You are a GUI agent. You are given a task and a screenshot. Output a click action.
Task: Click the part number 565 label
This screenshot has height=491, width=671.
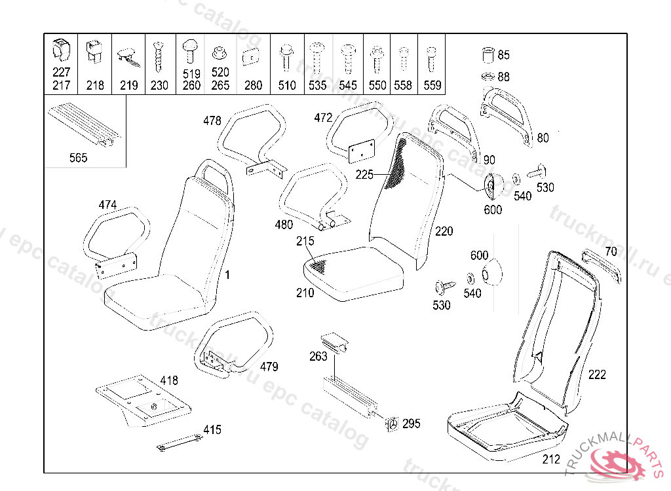coord(77,158)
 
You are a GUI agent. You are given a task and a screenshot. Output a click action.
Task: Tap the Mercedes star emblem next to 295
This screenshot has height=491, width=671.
coord(392,424)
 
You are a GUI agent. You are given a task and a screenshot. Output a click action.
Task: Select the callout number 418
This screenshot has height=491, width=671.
coord(168,380)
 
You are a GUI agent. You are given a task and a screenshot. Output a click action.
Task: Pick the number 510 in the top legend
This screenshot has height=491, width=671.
coord(287,85)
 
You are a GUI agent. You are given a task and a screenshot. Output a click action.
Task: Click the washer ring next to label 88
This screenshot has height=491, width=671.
coord(487,77)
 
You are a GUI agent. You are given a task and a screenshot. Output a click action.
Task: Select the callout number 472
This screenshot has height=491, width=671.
coord(323,118)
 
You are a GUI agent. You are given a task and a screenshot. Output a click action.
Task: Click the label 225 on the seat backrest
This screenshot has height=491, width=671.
coord(365,174)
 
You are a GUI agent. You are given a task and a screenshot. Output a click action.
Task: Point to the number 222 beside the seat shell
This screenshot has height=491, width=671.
coord(597,374)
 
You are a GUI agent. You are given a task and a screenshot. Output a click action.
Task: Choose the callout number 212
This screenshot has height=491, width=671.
coord(551,459)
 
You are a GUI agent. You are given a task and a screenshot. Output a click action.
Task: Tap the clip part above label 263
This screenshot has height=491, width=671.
coord(334,341)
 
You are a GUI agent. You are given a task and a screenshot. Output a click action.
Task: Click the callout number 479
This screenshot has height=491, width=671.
coord(269,367)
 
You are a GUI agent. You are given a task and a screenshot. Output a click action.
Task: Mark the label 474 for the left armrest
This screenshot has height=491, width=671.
coord(107,205)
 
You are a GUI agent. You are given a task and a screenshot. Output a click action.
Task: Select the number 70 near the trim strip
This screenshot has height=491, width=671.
coord(611,251)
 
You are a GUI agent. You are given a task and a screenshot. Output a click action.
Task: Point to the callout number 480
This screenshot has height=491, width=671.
coord(284,225)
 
